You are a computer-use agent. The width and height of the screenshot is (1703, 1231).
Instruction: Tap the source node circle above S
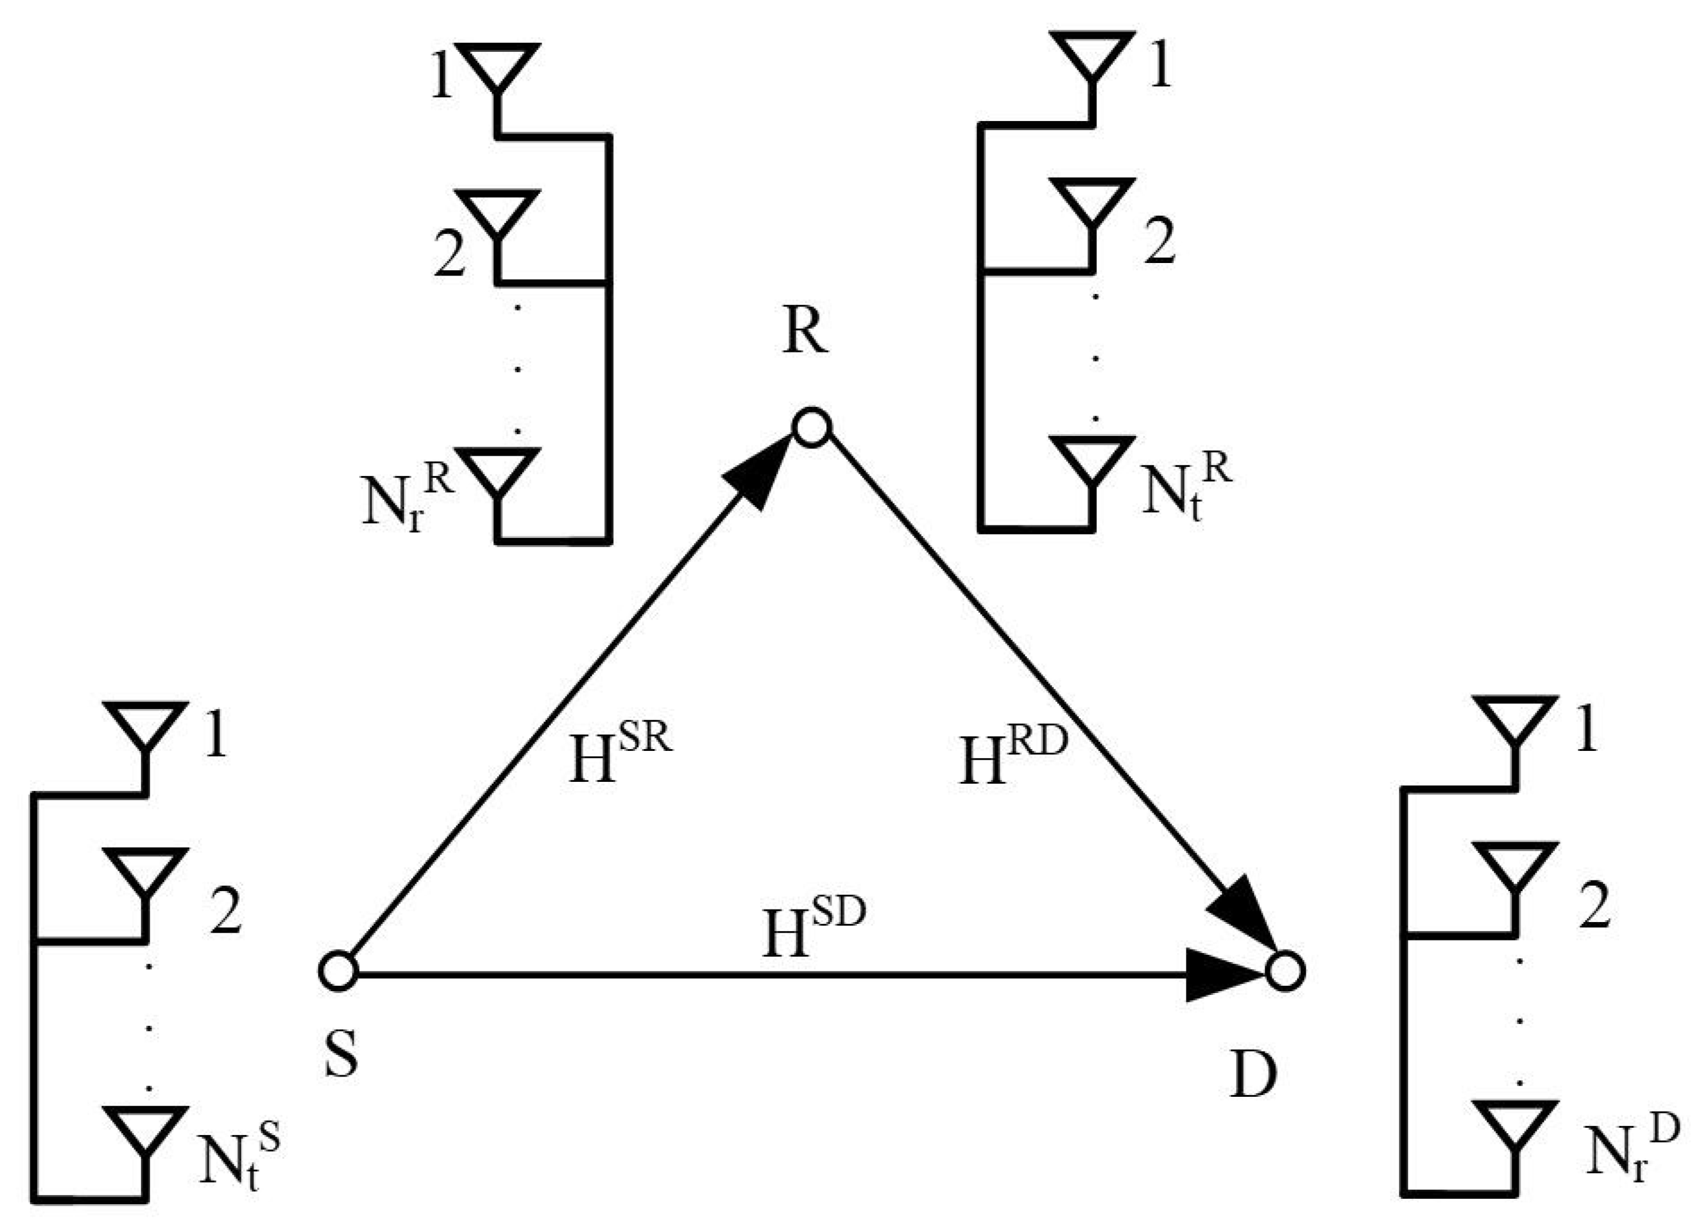coord(337,970)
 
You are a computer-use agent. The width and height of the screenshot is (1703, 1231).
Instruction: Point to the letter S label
coord(342,1053)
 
